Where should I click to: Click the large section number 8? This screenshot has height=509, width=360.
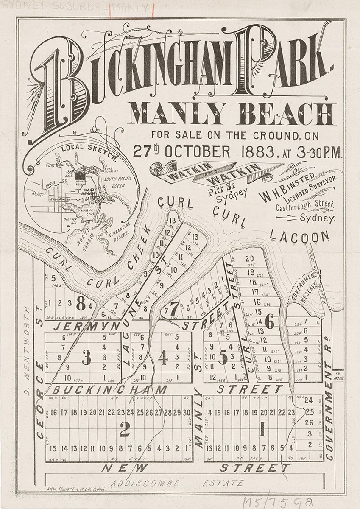tap(82, 303)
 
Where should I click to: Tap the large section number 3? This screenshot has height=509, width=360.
tap(86, 359)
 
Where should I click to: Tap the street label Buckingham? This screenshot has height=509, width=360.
tap(110, 389)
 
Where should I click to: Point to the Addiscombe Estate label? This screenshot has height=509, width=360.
tap(178, 483)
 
